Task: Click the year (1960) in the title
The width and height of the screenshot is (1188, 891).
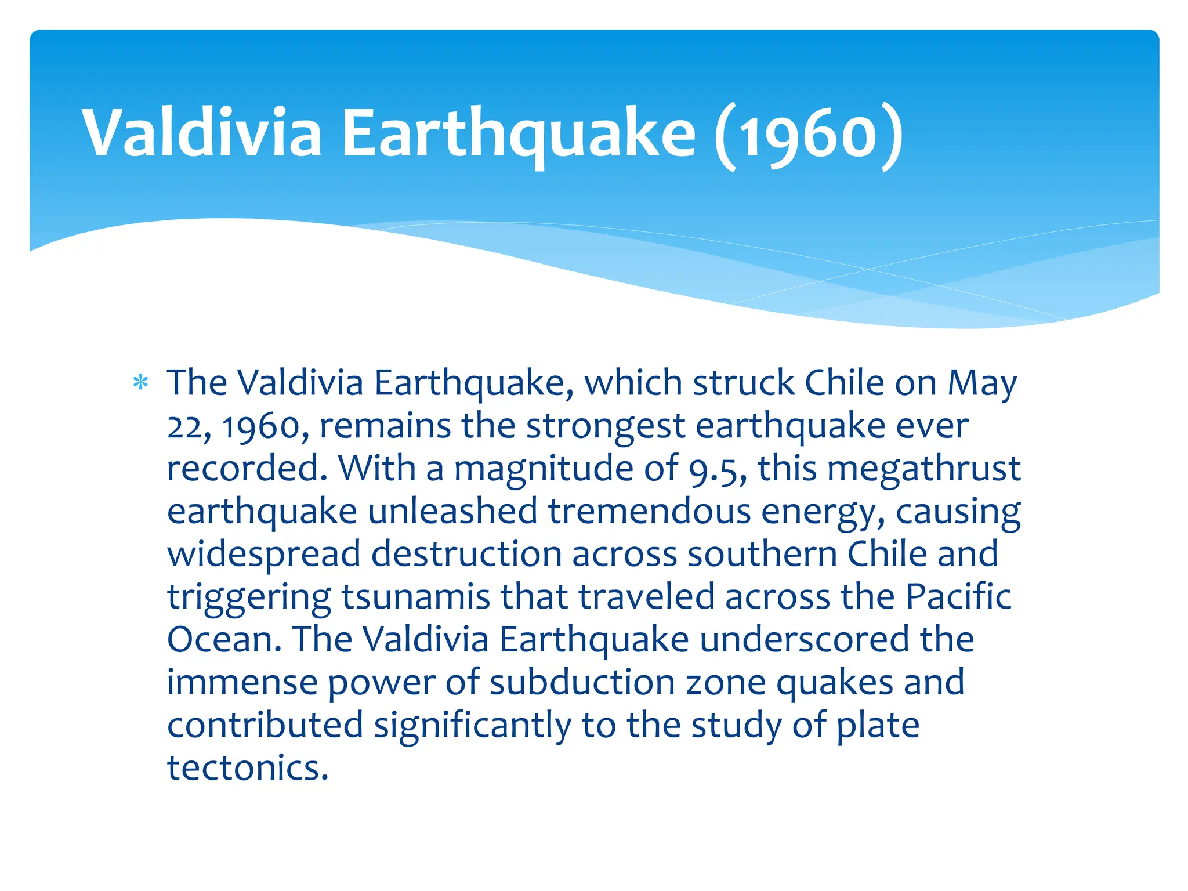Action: pyautogui.click(x=809, y=135)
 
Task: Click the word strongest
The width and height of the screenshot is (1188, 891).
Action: pyautogui.click(x=606, y=426)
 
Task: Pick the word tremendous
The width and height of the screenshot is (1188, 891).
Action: pyautogui.click(x=649, y=511)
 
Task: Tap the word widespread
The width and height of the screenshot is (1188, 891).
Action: pyautogui.click(x=264, y=555)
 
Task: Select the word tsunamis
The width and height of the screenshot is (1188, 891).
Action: pyautogui.click(x=415, y=597)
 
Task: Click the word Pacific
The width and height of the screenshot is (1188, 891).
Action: pyautogui.click(x=958, y=597)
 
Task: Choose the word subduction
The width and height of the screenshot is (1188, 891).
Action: pyautogui.click(x=582, y=683)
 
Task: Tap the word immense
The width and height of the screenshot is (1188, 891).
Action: pyautogui.click(x=242, y=683)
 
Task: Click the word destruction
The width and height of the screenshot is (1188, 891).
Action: pyautogui.click(x=466, y=554)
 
